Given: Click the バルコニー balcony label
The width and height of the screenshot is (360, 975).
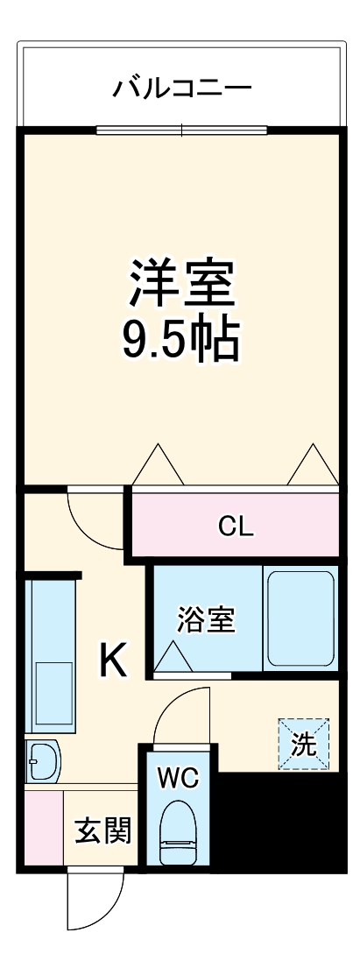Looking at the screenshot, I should click(x=182, y=88).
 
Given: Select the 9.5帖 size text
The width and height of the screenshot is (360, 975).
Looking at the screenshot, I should click(x=180, y=340).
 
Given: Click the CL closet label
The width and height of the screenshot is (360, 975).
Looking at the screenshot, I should click(x=236, y=526).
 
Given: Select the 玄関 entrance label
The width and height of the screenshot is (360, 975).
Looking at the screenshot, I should click(x=102, y=830).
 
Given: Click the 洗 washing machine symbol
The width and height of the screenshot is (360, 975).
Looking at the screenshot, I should click(x=304, y=745).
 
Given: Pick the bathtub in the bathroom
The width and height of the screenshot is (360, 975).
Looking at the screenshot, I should click(x=300, y=618).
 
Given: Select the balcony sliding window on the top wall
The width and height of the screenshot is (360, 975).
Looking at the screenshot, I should click(x=181, y=131).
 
